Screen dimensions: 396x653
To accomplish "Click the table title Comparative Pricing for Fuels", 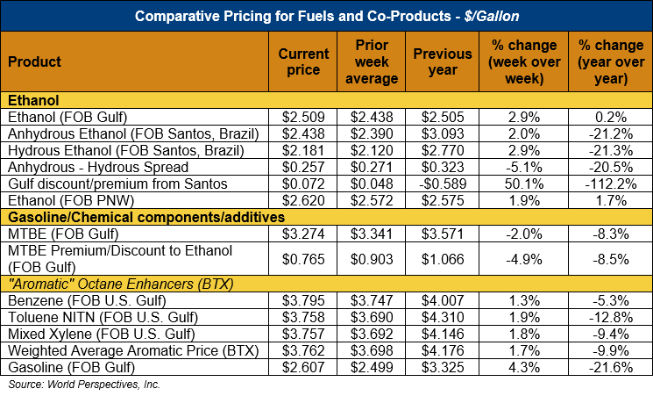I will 326,16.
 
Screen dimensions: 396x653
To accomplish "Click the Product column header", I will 34,61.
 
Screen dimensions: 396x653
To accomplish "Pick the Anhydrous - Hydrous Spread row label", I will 97,167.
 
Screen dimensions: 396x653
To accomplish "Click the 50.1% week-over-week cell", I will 516,184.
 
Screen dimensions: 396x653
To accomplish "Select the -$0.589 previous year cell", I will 443,184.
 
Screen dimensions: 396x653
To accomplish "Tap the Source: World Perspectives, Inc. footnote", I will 84,385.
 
